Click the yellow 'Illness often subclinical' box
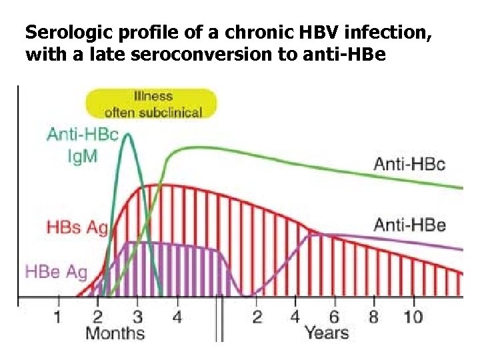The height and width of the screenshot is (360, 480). [x=151, y=105]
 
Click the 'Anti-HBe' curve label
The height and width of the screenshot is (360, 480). [x=409, y=225]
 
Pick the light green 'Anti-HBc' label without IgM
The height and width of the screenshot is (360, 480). [x=409, y=164]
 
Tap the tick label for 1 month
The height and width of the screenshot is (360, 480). [x=57, y=315]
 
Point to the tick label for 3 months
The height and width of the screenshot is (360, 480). [x=137, y=315]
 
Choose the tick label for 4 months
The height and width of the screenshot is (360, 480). [x=177, y=315]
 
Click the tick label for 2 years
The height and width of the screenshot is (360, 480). [x=257, y=315]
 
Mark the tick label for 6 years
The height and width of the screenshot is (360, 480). [x=334, y=315]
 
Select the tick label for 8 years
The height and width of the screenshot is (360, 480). [x=373, y=315]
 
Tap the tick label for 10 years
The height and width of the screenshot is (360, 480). [x=413, y=315]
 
